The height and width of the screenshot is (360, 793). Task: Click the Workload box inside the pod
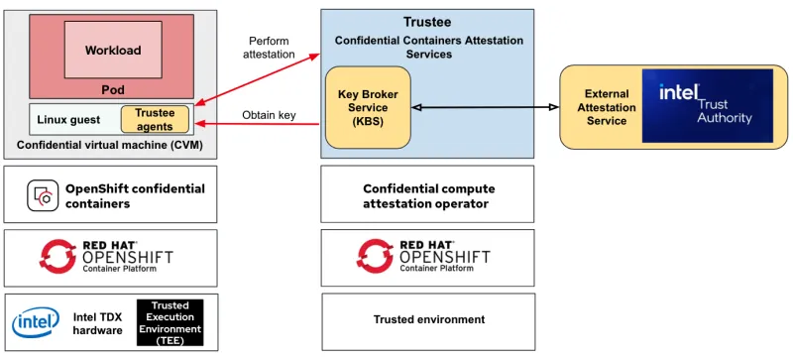pos(113,50)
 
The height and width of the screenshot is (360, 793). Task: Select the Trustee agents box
pos(155,120)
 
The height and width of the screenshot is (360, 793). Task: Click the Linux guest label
pos(68,120)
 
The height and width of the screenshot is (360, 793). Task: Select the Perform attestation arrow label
pos(269,47)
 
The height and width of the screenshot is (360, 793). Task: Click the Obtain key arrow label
pos(269,115)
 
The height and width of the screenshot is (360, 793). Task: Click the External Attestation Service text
pos(607,107)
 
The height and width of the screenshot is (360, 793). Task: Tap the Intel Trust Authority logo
pos(707,105)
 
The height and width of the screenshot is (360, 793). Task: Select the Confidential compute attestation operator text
pos(428,195)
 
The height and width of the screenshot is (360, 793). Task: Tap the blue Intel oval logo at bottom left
pos(36,323)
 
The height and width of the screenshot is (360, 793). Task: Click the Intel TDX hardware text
pos(98,323)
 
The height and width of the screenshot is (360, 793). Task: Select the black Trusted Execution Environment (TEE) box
pos(170,322)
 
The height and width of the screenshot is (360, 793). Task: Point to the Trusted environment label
pos(428,319)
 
